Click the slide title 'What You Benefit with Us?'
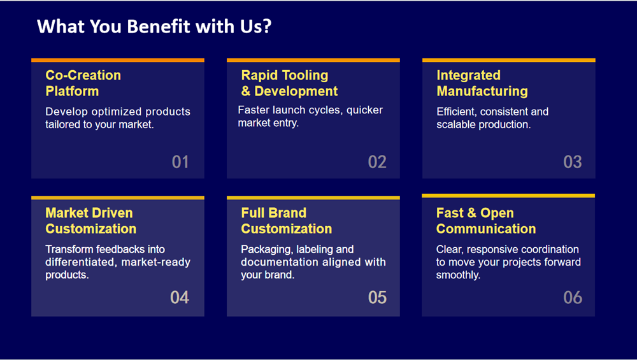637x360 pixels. click(154, 26)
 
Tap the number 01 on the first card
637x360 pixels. click(180, 162)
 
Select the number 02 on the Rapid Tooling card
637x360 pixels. click(377, 162)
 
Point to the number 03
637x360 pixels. click(573, 162)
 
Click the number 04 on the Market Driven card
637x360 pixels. click(180, 298)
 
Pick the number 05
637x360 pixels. click(377, 298)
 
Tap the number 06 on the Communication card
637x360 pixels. click(573, 298)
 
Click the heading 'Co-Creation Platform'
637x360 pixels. click(83, 83)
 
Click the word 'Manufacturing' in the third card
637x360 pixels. click(482, 91)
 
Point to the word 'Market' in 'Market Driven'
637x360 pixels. click(64, 213)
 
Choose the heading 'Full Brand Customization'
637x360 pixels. click(287, 220)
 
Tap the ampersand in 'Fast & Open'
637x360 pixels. click(471, 213)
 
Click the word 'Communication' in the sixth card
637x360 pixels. click(486, 229)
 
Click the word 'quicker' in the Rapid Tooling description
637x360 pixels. click(364, 110)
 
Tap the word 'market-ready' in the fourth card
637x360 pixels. click(156, 262)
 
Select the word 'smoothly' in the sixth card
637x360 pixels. click(458, 275)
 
